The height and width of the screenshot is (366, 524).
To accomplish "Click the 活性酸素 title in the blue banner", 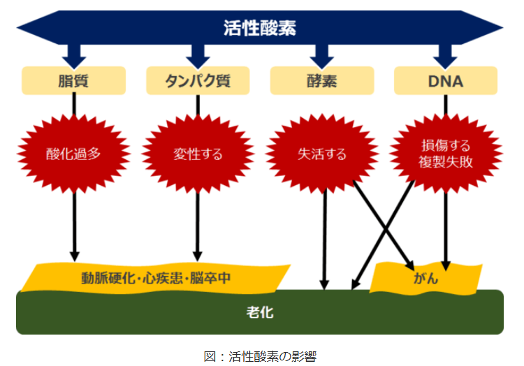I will click(x=260, y=28).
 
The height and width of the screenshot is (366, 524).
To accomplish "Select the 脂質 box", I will click(x=73, y=81).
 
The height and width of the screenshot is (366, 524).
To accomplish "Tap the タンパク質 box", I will click(x=198, y=81).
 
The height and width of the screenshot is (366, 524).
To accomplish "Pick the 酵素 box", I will click(x=321, y=81).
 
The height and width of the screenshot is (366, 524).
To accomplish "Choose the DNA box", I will click(x=445, y=81).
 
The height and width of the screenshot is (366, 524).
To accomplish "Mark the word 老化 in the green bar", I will click(x=260, y=312).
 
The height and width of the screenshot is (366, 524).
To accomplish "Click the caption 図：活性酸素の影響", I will click(x=260, y=356).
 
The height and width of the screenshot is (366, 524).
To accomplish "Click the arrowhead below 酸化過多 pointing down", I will click(x=74, y=255).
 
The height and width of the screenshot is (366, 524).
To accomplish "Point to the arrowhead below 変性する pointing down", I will click(x=198, y=255).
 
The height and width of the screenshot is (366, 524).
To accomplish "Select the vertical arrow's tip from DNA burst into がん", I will click(x=446, y=265).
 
